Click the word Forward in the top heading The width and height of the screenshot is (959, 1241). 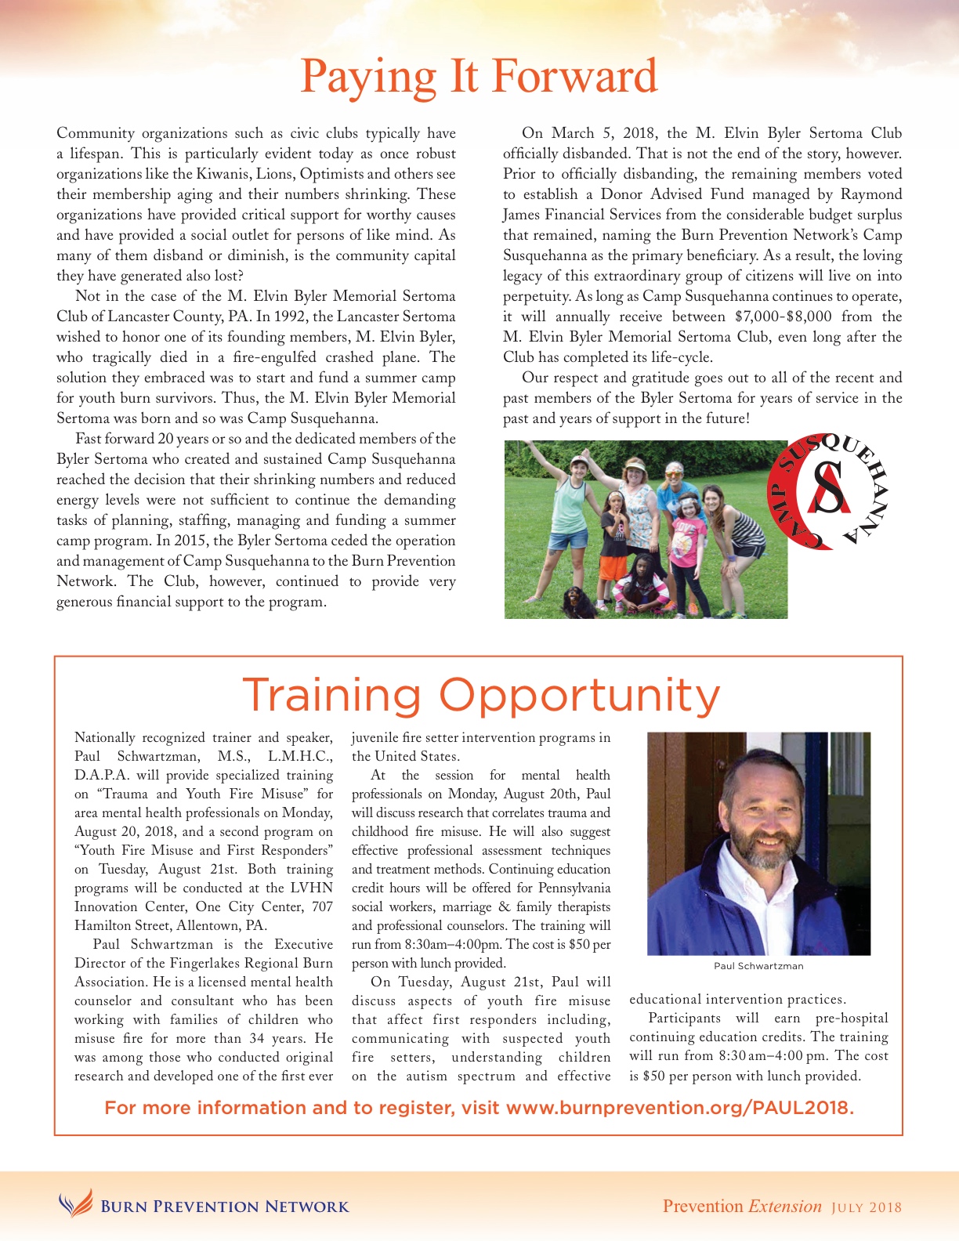click(574, 77)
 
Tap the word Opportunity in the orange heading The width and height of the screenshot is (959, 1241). click(579, 696)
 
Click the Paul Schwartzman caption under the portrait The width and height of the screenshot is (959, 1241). click(758, 966)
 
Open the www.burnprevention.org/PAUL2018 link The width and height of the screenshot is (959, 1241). click(679, 1108)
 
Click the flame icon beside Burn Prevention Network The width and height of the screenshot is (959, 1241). click(75, 1204)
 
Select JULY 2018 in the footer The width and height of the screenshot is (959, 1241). click(867, 1207)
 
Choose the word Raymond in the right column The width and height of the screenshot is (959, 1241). click(871, 194)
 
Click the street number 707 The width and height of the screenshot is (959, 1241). click(322, 906)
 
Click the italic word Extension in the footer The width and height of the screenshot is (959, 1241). click(785, 1207)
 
